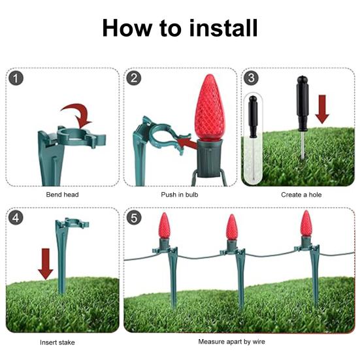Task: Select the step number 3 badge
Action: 251,78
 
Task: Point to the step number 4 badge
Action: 16,218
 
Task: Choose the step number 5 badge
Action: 134,218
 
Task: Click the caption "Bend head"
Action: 62,195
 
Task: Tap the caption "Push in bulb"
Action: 180,195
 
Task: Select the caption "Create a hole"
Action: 301,195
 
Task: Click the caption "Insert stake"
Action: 57,342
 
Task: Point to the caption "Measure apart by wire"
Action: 232,342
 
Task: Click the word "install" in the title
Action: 223,28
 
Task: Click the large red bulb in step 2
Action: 210,107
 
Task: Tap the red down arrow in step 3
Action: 322,109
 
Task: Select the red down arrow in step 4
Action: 46,264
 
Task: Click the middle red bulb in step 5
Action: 232,227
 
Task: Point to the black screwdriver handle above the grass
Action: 303,103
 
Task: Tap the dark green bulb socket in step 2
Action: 210,158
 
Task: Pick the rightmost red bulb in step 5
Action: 306,223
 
